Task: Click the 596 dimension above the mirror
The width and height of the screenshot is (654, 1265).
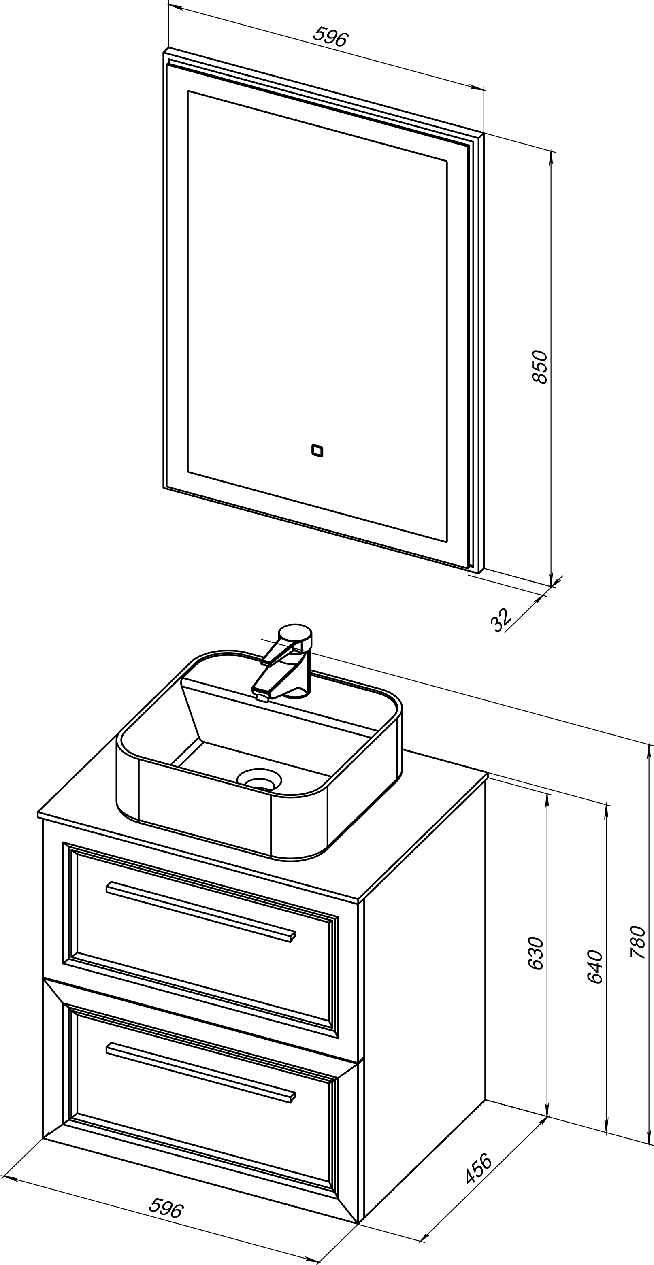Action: click(x=331, y=36)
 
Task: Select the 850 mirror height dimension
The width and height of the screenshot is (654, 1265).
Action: click(x=539, y=366)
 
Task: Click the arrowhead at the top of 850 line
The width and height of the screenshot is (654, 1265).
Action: click(x=551, y=157)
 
